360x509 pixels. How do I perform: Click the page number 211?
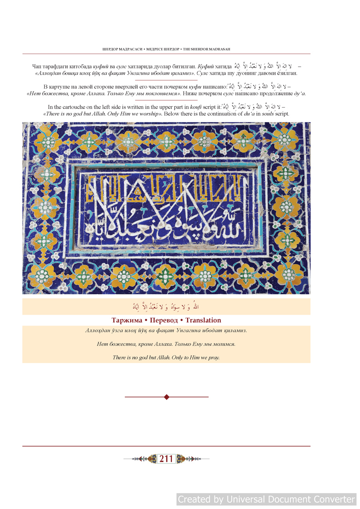(166, 459)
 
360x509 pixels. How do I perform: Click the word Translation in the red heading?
(203, 320)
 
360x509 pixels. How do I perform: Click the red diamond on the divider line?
(167, 397)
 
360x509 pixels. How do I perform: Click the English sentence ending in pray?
(166, 357)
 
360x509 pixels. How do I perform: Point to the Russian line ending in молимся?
(166, 344)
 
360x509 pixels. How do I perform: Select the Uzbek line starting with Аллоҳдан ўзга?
(166, 331)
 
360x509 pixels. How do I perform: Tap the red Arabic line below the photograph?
(166, 307)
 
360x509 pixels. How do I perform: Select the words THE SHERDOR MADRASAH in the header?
(206, 49)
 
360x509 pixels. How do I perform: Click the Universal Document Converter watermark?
(266, 499)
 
